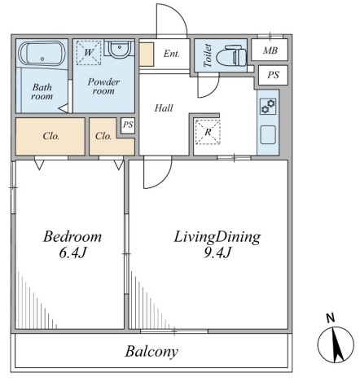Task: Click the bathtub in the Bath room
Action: pyautogui.click(x=42, y=53)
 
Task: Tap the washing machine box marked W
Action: pyautogui.click(x=89, y=53)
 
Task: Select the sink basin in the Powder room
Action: pyautogui.click(x=119, y=49)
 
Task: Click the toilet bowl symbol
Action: pyautogui.click(x=231, y=56)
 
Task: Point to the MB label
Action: pyautogui.click(x=270, y=50)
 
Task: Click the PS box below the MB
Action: pyautogui.click(x=273, y=75)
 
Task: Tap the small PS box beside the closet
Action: pyautogui.click(x=128, y=125)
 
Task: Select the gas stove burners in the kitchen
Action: pyautogui.click(x=268, y=107)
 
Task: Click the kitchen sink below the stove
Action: pyautogui.click(x=268, y=134)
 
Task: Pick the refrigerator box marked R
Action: pyautogui.click(x=208, y=132)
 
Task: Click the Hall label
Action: pyautogui.click(x=164, y=108)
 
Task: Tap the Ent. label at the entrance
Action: pyautogui.click(x=172, y=54)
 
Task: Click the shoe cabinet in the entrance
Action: pyautogui.click(x=147, y=55)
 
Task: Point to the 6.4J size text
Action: pyautogui.click(x=72, y=253)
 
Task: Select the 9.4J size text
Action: pyautogui.click(x=217, y=253)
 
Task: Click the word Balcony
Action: pyautogui.click(x=151, y=352)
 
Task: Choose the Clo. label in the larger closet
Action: pyautogui.click(x=50, y=136)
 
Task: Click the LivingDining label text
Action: pyautogui.click(x=217, y=237)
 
